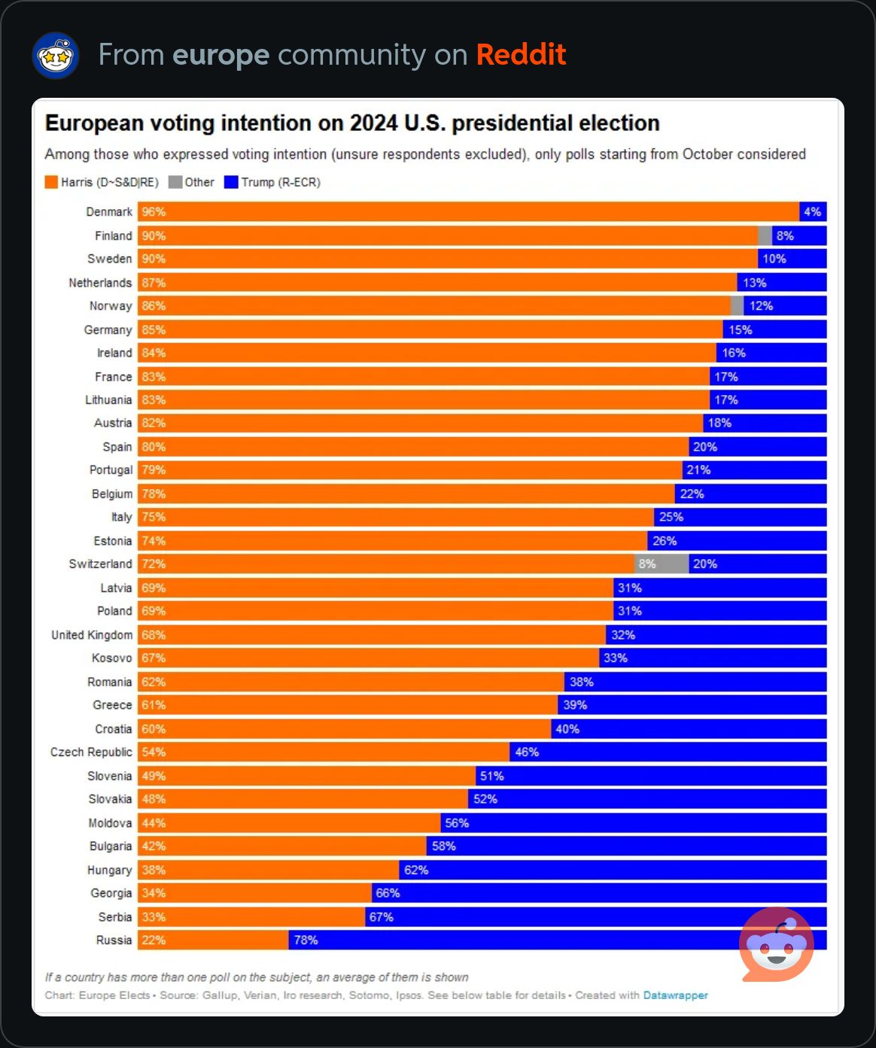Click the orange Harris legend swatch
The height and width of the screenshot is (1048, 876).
click(51, 182)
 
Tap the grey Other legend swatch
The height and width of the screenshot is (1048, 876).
click(175, 182)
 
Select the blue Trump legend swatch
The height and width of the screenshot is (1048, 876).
click(231, 182)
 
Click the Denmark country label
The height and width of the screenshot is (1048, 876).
click(109, 212)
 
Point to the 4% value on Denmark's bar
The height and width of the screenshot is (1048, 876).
click(812, 212)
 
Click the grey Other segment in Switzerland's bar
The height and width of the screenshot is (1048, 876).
click(661, 564)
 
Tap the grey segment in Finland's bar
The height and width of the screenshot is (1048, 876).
click(765, 235)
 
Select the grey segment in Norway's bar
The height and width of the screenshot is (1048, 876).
click(737, 305)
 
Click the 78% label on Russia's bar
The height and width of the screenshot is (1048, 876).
click(306, 940)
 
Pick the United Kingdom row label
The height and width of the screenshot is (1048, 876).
click(92, 635)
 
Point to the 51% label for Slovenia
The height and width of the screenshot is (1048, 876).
click(491, 776)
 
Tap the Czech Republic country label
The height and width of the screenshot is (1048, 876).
click(91, 752)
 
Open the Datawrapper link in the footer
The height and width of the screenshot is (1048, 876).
click(675, 995)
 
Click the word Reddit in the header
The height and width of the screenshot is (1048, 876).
click(521, 55)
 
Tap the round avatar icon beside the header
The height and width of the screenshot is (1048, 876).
click(56, 56)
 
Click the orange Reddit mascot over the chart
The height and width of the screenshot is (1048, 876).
click(777, 944)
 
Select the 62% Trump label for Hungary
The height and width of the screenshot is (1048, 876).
click(416, 870)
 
